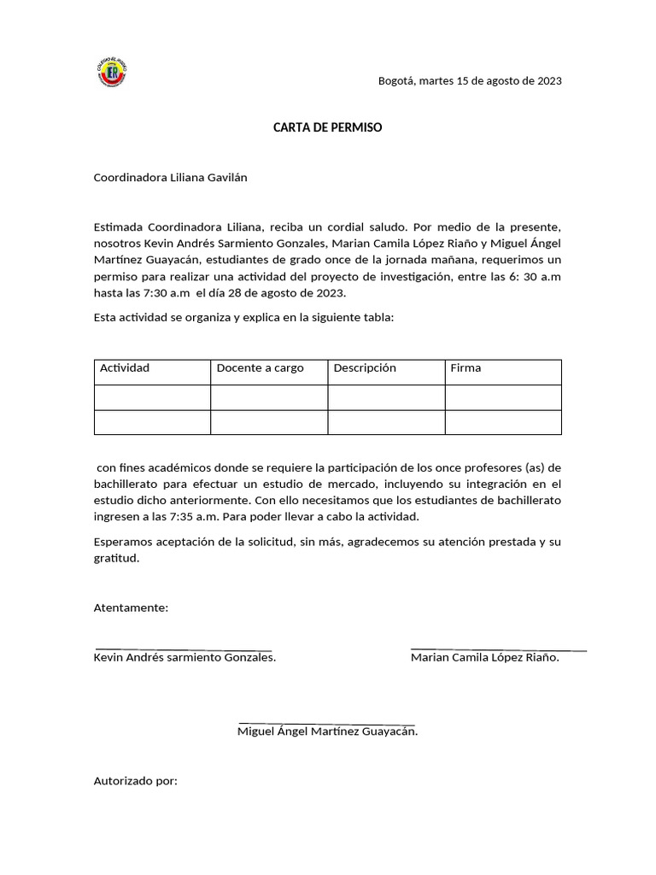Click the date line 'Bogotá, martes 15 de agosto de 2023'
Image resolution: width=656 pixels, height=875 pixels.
click(470, 81)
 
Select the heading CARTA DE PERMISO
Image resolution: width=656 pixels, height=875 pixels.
click(327, 127)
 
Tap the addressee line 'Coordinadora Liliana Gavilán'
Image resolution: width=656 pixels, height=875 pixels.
click(170, 177)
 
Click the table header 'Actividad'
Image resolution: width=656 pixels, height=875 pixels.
click(125, 368)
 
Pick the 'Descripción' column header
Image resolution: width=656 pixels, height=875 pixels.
click(365, 368)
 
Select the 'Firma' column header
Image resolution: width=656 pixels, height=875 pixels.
click(466, 368)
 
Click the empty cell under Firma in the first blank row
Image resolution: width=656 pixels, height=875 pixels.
click(503, 397)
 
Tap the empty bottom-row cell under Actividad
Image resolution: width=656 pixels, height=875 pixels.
click(152, 423)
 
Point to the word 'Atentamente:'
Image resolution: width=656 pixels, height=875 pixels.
click(131, 608)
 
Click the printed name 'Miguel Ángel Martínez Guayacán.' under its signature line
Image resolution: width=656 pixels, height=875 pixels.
click(327, 731)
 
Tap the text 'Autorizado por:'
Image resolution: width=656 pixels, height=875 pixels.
click(135, 781)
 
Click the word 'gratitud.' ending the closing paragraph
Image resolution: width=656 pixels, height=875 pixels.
click(115, 558)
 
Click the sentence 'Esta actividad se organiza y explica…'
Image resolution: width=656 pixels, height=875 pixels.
click(243, 318)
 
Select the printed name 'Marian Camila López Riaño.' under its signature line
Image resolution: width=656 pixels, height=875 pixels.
click(484, 658)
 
